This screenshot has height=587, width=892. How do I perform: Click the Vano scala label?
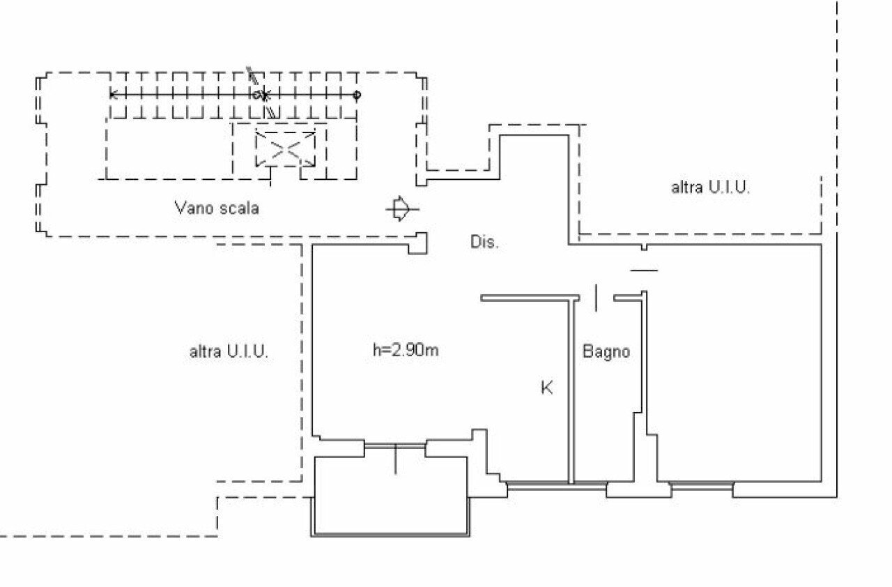tap(216, 208)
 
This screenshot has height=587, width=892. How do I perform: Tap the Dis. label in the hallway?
tap(484, 243)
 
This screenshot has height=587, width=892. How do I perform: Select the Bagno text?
tap(606, 351)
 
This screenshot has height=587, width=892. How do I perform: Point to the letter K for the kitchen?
tap(547, 388)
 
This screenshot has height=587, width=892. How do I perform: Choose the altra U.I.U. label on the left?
tap(229, 351)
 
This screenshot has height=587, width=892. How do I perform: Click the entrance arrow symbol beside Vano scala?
tap(401, 208)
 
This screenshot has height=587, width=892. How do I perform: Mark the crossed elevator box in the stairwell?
tap(284, 148)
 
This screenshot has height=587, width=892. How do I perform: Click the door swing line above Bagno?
tap(596, 297)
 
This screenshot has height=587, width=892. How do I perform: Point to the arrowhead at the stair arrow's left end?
tap(113, 94)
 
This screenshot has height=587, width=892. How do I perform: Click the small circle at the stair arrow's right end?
tap(357, 94)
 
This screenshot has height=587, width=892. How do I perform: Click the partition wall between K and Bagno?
tap(571, 390)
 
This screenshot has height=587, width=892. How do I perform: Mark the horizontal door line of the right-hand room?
tap(644, 270)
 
